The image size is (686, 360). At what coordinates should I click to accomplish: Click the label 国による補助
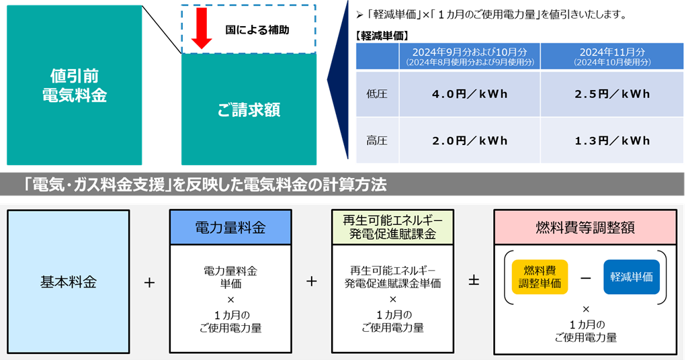coord(257,30)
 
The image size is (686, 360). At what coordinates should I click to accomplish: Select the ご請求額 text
coord(249,109)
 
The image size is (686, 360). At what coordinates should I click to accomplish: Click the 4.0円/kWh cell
coord(470,94)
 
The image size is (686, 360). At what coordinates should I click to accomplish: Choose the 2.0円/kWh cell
coord(470,141)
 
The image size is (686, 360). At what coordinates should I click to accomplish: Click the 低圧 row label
coord(377,94)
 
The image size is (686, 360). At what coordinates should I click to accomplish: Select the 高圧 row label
coord(377,141)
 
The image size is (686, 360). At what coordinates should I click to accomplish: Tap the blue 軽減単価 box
coord(632,277)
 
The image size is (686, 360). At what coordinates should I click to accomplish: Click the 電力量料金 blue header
coord(230,228)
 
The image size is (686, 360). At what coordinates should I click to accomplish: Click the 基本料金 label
coord(69,282)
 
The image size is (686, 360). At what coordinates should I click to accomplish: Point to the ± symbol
coord(474,281)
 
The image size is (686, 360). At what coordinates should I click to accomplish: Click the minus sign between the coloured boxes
coord(585,277)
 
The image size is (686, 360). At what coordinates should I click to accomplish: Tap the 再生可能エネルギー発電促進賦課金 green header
coord(393,227)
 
